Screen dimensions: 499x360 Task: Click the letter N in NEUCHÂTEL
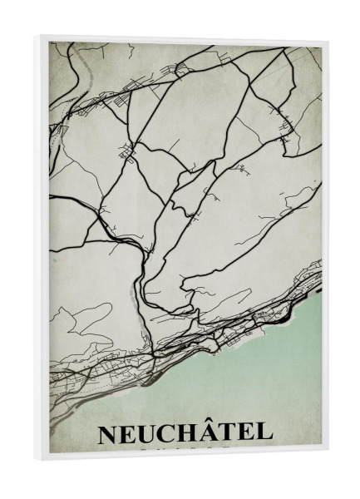pyautogui.click(x=108, y=435)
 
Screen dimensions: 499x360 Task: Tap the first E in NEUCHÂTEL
pyautogui.click(x=129, y=435)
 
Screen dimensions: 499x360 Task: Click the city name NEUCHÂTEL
pyautogui.click(x=185, y=434)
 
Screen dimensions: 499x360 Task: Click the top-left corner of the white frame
pyautogui.click(x=37, y=35)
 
